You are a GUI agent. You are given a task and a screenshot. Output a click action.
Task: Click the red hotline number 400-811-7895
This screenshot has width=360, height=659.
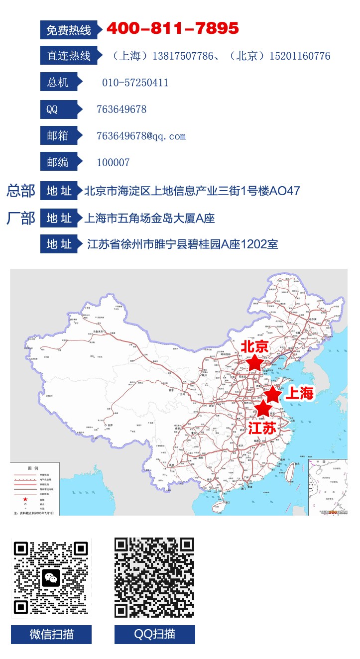click(x=173, y=29)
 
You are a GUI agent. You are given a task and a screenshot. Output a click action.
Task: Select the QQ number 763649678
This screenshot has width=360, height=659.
click(x=121, y=110)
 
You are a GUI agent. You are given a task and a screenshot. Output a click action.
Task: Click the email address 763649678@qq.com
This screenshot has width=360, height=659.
click(x=141, y=136)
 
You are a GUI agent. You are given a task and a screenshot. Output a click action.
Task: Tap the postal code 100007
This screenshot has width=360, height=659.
click(x=113, y=162)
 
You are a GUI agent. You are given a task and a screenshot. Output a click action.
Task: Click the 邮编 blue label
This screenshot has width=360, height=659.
click(x=59, y=162)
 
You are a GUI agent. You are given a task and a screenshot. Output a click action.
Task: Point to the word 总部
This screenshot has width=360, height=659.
click(x=21, y=191)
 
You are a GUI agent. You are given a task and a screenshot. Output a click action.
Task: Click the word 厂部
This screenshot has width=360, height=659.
click(x=21, y=218)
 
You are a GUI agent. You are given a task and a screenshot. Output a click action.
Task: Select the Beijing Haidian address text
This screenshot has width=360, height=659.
click(x=192, y=191)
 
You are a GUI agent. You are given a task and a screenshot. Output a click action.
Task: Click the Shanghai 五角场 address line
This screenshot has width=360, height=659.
click(x=150, y=218)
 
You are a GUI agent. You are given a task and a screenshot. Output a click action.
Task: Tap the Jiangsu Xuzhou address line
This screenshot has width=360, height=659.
click(x=182, y=244)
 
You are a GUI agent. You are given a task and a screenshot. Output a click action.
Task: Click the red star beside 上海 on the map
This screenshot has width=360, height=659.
click(x=272, y=394)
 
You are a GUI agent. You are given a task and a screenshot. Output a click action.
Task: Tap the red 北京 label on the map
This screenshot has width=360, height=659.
click(x=254, y=347)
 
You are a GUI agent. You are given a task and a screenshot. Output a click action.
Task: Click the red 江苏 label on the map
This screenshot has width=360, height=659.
click(x=262, y=428)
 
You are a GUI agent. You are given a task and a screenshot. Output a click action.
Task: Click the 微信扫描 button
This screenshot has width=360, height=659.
click(x=51, y=635)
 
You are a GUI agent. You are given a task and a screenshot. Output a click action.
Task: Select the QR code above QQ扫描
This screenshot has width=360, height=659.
click(x=154, y=577)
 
